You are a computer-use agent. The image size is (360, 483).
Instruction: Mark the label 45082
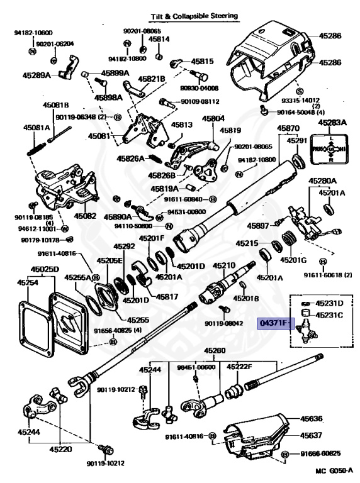click(86, 216)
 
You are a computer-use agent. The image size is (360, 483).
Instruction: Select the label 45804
click(213, 118)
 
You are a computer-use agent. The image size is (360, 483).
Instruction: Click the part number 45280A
click(322, 181)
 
